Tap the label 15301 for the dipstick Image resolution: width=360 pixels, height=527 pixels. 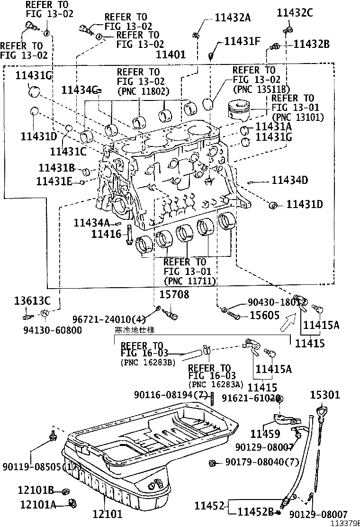point(325,395)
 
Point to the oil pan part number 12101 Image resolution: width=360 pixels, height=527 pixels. point(107,513)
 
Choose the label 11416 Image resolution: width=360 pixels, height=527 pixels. point(107,233)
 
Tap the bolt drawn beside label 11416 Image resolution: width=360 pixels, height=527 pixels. point(129,236)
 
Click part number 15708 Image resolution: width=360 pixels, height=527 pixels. point(174,295)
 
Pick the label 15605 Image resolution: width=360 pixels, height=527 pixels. point(264,315)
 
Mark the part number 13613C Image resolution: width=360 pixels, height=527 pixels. point(32,300)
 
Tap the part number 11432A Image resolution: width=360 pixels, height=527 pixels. point(233,18)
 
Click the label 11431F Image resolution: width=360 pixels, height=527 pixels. point(242,41)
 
